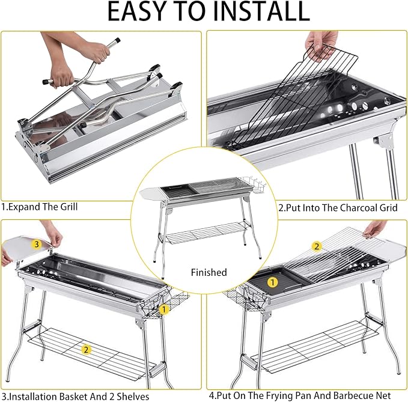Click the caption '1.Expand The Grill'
pyautogui.click(x=40, y=207)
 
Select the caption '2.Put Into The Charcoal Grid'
pyautogui.click(x=338, y=208)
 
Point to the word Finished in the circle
pyautogui.click(x=209, y=272)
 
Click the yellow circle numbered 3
pyautogui.click(x=37, y=245)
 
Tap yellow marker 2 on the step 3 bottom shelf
pyautogui.click(x=86, y=350)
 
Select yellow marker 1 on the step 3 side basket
pyautogui.click(x=164, y=309)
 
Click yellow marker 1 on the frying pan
pyautogui.click(x=273, y=282)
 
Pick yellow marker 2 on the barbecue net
pyautogui.click(x=317, y=246)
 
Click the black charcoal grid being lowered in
pyautogui.click(x=289, y=99)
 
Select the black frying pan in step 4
pyautogui.click(x=278, y=281)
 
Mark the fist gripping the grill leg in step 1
pyautogui.click(x=61, y=76)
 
